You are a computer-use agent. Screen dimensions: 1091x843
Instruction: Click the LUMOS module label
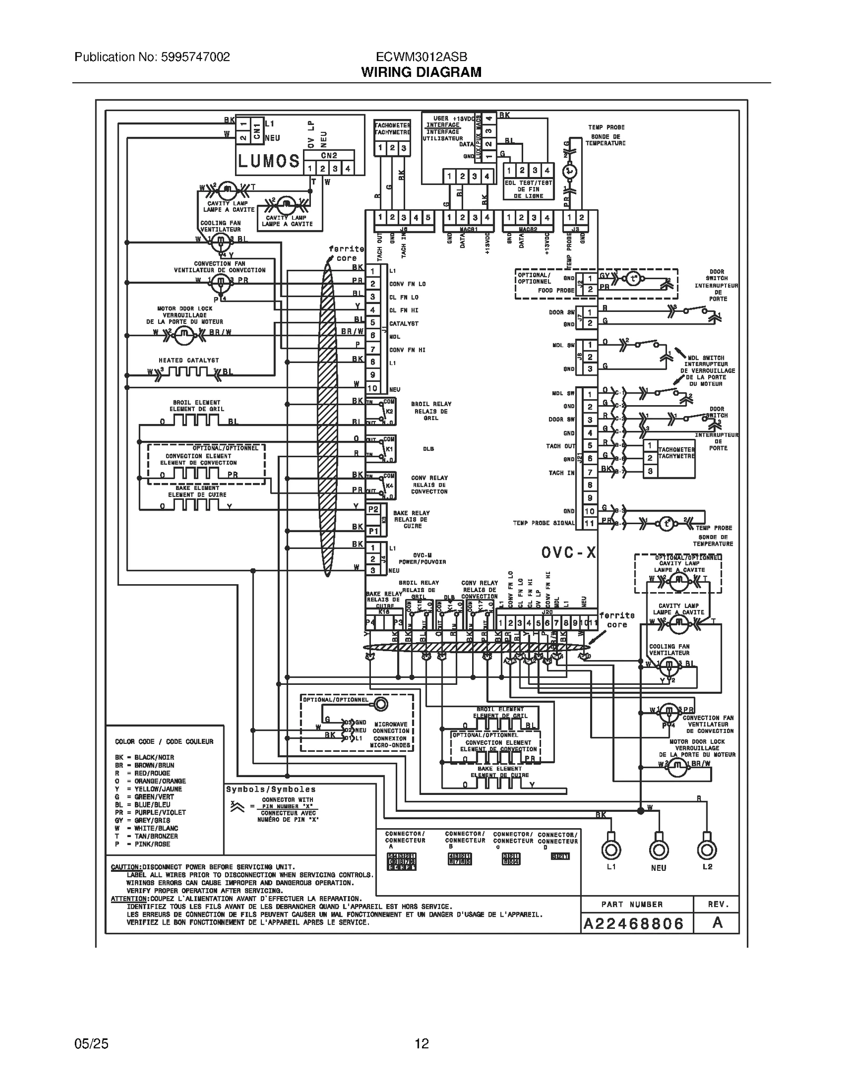(268, 161)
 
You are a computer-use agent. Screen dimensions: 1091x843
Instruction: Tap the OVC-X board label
(568, 552)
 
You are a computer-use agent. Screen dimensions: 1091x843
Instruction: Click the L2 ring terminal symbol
(707, 850)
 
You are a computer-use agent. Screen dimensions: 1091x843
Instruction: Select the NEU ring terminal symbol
(659, 850)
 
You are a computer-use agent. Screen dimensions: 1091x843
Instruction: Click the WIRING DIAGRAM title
(421, 72)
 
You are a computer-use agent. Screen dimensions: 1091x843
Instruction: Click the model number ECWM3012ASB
(421, 57)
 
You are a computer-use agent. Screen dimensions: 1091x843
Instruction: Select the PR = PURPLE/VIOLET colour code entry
(150, 812)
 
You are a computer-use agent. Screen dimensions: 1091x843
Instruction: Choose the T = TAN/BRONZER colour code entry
(146, 836)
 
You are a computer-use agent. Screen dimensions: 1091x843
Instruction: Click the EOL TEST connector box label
(528, 189)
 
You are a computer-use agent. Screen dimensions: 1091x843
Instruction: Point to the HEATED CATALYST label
(189, 360)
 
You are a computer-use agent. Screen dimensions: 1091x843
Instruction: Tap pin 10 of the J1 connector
(373, 388)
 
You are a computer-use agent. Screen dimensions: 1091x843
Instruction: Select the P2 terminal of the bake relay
(373, 509)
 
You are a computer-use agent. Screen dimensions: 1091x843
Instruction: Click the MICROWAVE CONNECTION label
(390, 731)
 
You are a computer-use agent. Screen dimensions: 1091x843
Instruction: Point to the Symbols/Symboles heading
(271, 789)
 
